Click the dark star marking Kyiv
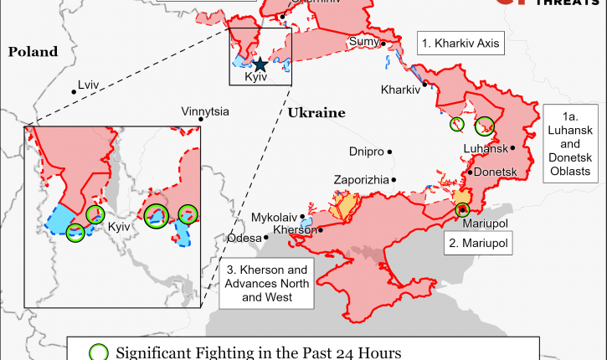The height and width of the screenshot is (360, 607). point(260,64)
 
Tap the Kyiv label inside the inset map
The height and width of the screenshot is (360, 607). point(119,226)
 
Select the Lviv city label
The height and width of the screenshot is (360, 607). point(89,85)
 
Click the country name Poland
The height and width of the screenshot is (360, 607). point(33,52)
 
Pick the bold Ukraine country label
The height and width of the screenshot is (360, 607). point(316,112)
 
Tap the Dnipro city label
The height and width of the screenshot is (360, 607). point(366,152)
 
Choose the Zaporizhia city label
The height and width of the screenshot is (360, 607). point(361,179)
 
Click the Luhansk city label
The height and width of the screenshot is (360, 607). point(486,148)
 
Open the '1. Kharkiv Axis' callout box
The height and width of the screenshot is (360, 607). point(460,42)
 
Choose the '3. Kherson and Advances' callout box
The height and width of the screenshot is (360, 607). point(269,285)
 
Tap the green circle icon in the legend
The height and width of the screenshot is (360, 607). point(99,352)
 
